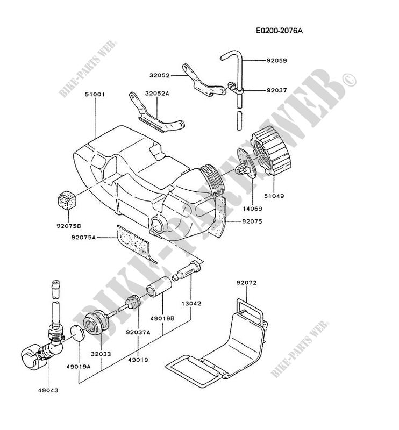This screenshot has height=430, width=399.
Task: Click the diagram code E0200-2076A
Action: tap(279, 31)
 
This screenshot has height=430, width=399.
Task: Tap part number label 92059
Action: tap(277, 61)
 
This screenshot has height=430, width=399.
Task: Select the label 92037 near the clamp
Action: tap(277, 90)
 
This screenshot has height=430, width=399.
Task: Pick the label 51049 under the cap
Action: tap(274, 196)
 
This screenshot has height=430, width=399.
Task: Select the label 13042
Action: tap(191, 303)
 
